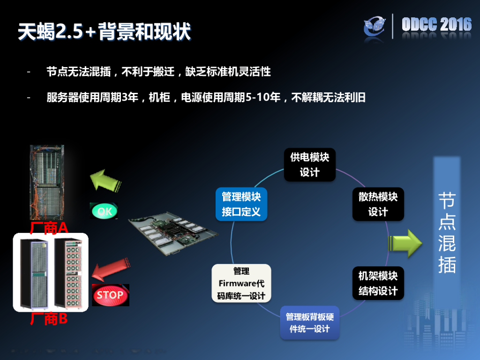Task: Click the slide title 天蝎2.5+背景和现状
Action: [x=104, y=32]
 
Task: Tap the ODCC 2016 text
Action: [x=436, y=24]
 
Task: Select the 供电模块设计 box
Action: [x=309, y=165]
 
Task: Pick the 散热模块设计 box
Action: [x=378, y=204]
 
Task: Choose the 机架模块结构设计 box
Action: [x=378, y=283]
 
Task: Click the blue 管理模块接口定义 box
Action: [x=241, y=204]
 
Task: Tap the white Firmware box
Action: [x=241, y=283]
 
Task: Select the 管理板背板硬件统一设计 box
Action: [x=309, y=322]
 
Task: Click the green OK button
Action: [x=104, y=211]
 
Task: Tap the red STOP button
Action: [x=110, y=295]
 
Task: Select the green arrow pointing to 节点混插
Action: [x=405, y=243]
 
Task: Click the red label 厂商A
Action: [x=49, y=228]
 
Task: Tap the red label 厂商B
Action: [x=49, y=320]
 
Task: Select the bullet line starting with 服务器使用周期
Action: [x=206, y=97]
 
